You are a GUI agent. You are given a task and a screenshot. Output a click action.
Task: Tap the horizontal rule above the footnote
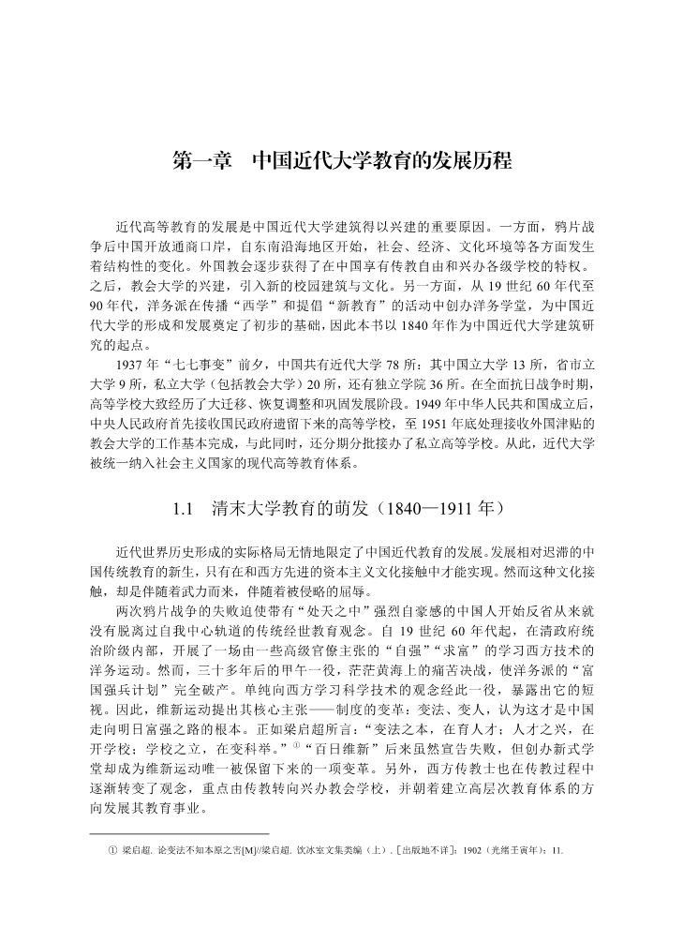coord(179,833)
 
